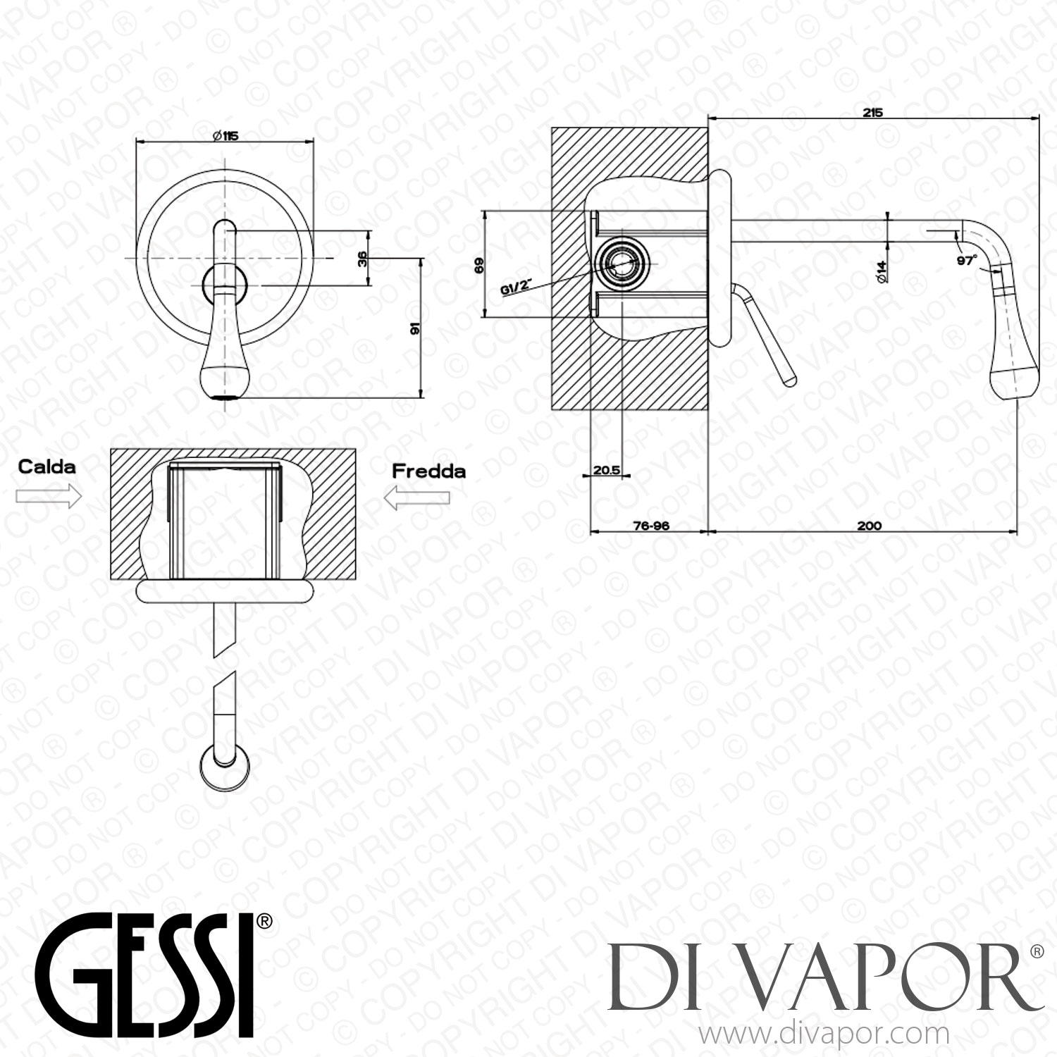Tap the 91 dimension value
click(x=415, y=329)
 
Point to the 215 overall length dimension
click(x=872, y=112)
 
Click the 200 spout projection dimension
click(x=870, y=525)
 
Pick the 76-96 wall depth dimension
click(x=650, y=525)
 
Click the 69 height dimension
click(x=479, y=266)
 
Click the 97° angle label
click(x=968, y=260)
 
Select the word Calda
click(x=47, y=466)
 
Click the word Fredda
click(x=428, y=470)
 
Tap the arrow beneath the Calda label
click(x=48, y=497)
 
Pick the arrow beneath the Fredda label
click(x=417, y=498)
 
